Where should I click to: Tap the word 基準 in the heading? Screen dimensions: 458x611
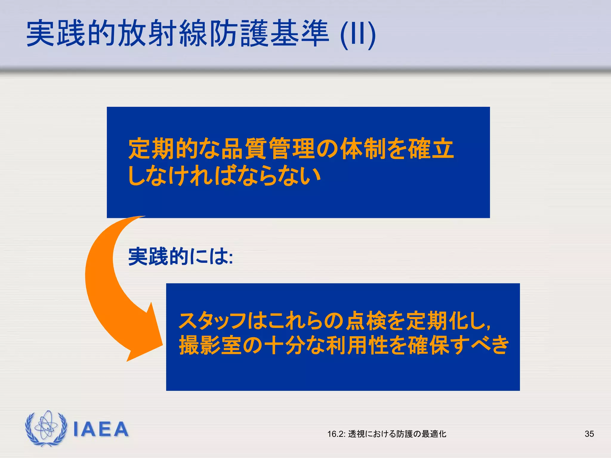tap(299, 33)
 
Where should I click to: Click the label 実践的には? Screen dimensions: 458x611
tap(180, 256)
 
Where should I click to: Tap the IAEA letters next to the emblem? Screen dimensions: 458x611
tap(101, 429)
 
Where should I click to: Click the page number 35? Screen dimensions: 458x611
tap(589, 434)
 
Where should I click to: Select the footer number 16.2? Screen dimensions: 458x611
tap(336, 434)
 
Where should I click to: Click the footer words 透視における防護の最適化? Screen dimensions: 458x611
tap(397, 434)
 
